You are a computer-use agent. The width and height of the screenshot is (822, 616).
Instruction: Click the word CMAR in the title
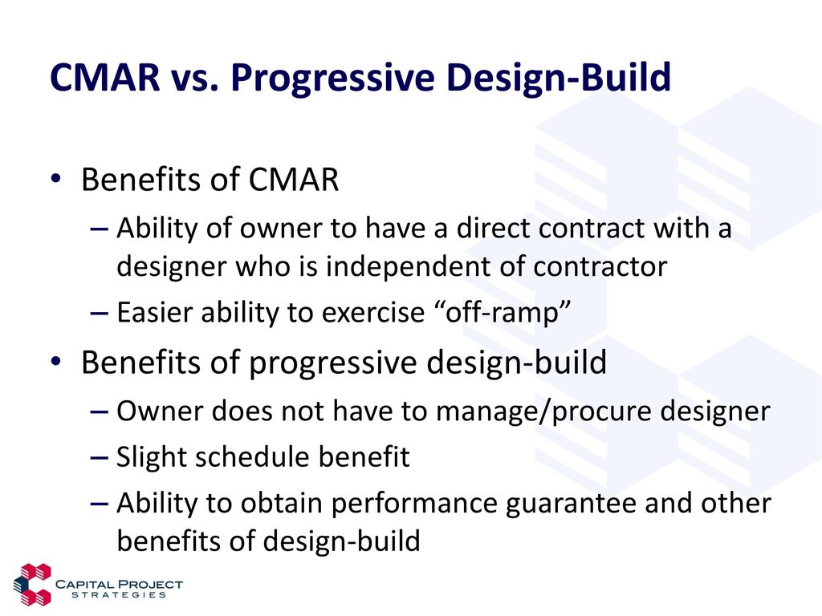[105, 77]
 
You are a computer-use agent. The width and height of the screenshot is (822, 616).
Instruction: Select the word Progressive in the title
[333, 79]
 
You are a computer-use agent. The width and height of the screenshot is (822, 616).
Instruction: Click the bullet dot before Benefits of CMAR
[56, 179]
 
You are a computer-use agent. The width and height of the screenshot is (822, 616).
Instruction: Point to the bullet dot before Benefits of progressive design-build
[56, 362]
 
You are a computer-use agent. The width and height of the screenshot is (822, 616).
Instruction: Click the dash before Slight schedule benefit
[99, 458]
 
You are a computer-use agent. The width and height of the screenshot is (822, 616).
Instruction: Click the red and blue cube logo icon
[32, 585]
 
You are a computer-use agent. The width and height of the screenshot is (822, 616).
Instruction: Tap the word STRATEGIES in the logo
[119, 595]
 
